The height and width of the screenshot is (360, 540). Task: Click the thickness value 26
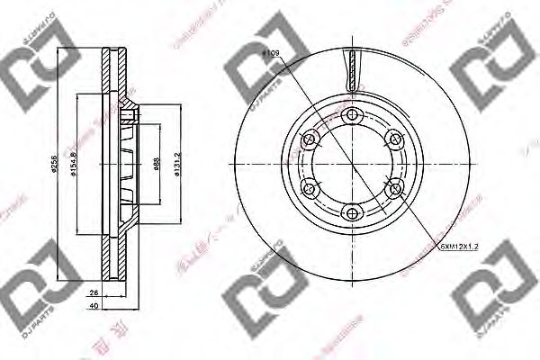94,292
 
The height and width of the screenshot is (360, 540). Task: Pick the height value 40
94,305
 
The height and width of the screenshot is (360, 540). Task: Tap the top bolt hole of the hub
351,113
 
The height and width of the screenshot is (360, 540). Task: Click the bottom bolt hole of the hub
351,213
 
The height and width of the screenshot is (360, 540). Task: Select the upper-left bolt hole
309,138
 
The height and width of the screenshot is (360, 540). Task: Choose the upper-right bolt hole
393,138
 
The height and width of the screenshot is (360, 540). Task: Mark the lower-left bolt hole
309,188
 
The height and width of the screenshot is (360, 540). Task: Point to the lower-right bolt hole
393,188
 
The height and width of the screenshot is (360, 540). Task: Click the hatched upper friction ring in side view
112,81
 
